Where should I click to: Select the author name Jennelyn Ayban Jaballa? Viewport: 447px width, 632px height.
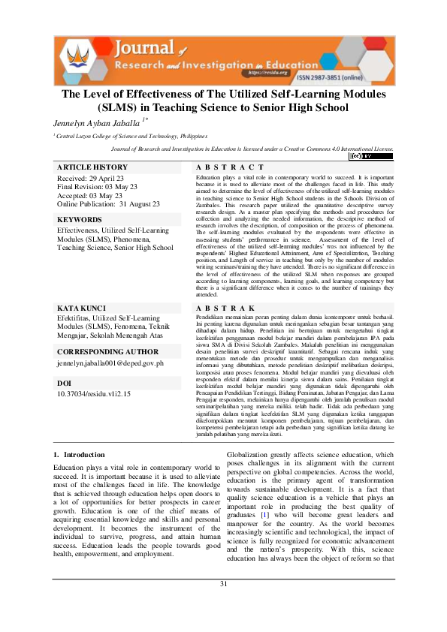click(95, 122)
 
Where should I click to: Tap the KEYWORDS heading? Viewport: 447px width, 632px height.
click(80, 220)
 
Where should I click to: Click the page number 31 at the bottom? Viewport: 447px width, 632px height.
click(223, 605)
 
